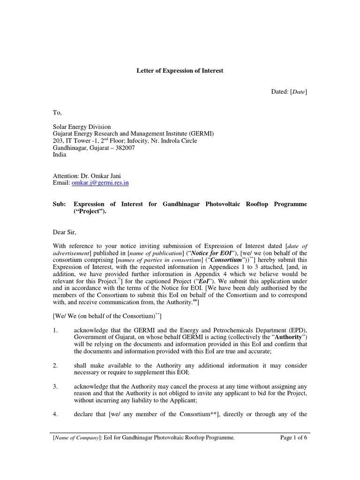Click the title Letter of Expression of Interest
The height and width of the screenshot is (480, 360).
click(x=180, y=71)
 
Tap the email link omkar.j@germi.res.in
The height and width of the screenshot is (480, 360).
click(x=100, y=183)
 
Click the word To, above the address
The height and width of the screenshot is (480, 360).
click(x=57, y=112)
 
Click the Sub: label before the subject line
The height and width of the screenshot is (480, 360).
click(x=59, y=204)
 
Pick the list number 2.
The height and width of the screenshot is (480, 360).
click(x=55, y=365)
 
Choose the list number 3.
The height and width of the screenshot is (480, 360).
click(x=55, y=386)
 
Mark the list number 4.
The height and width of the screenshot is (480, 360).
click(x=55, y=414)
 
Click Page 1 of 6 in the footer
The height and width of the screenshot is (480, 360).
click(x=290, y=437)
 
